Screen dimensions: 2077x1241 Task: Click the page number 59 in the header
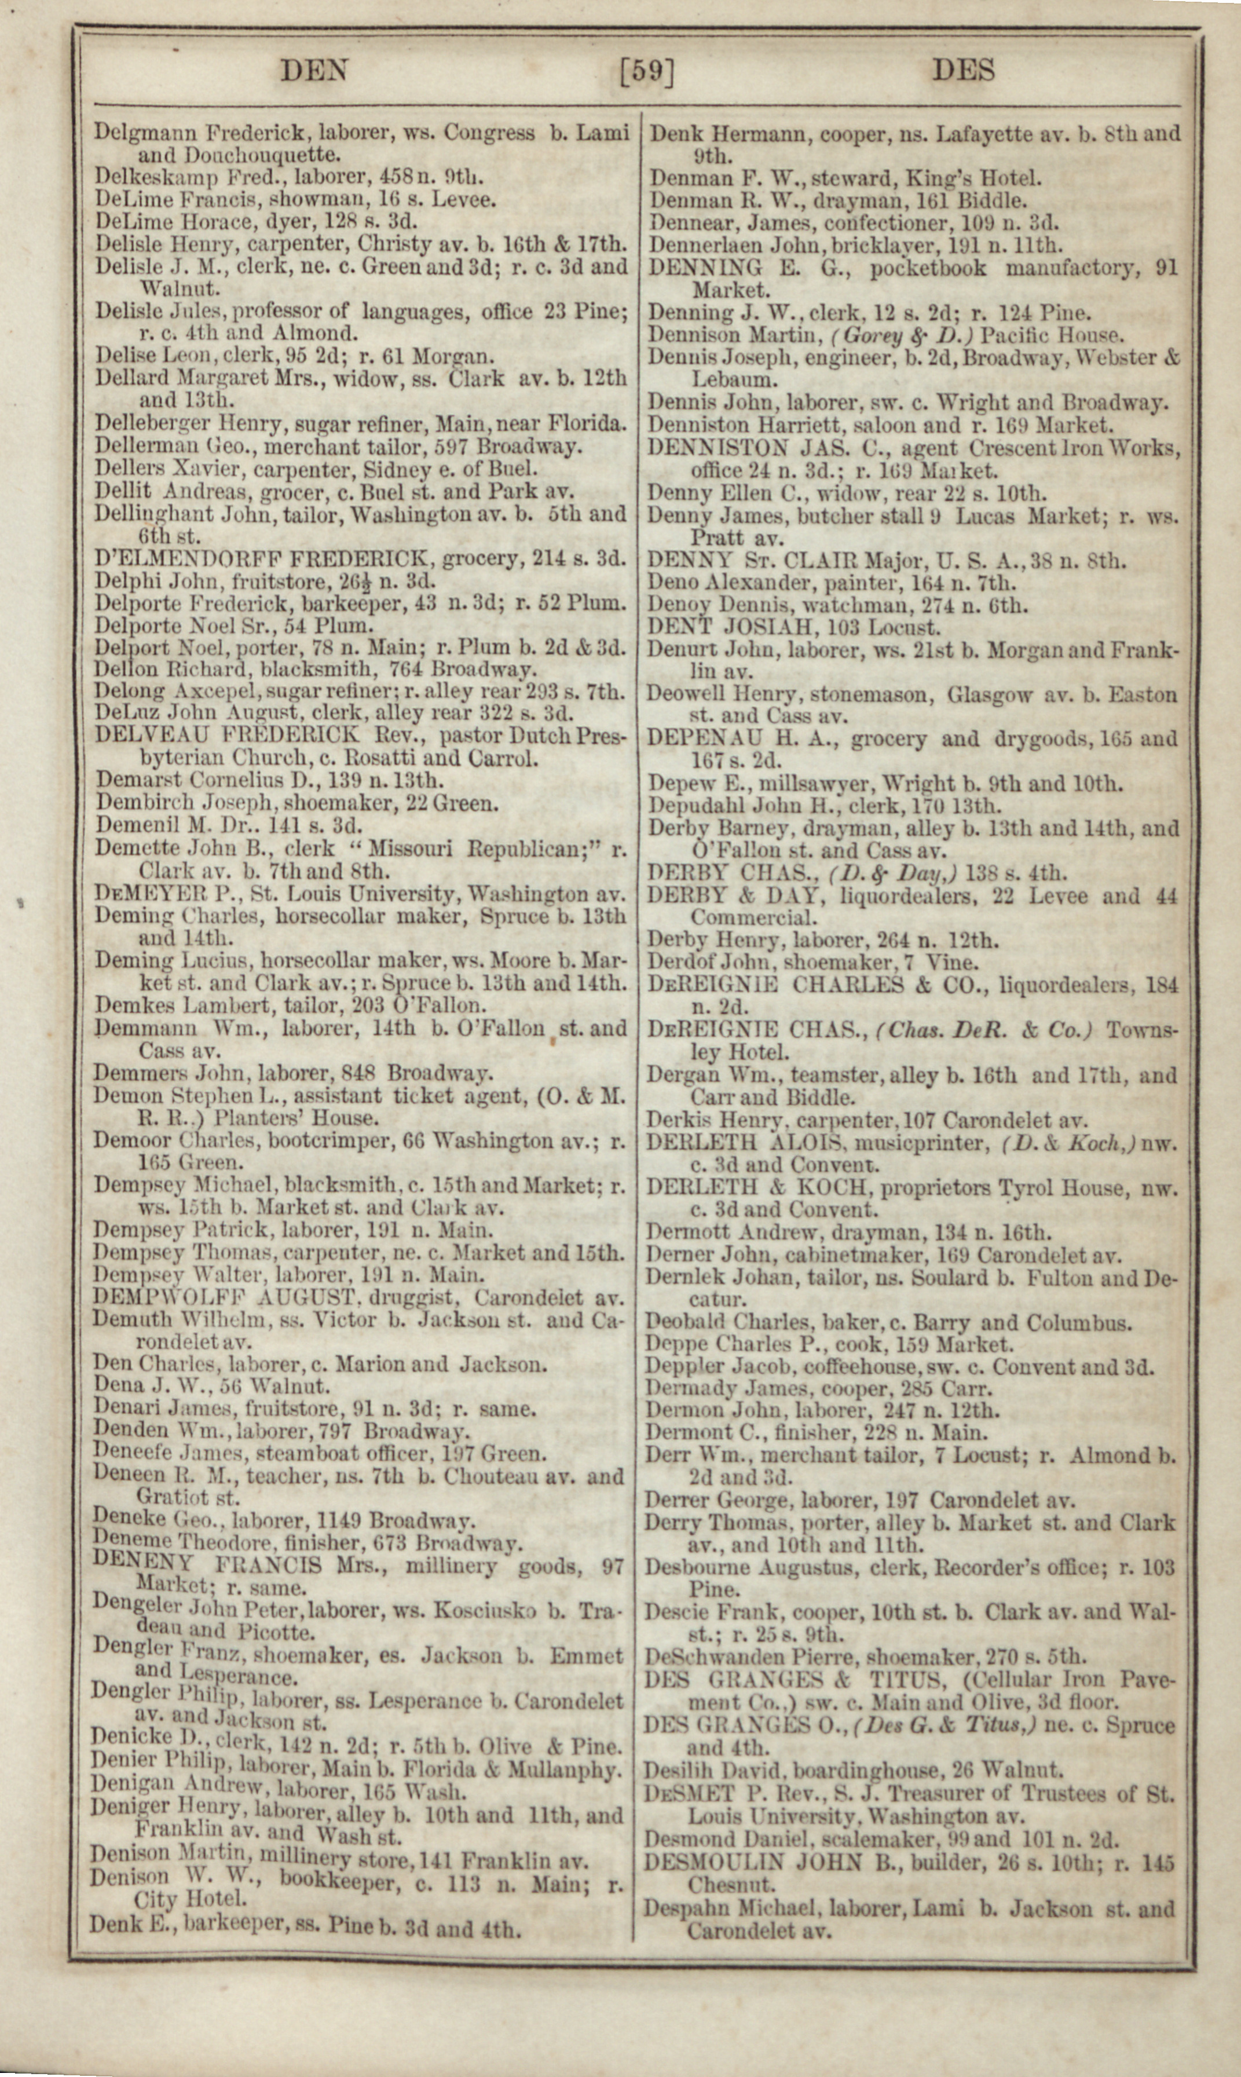[646, 71]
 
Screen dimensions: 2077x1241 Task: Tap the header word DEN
[314, 70]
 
